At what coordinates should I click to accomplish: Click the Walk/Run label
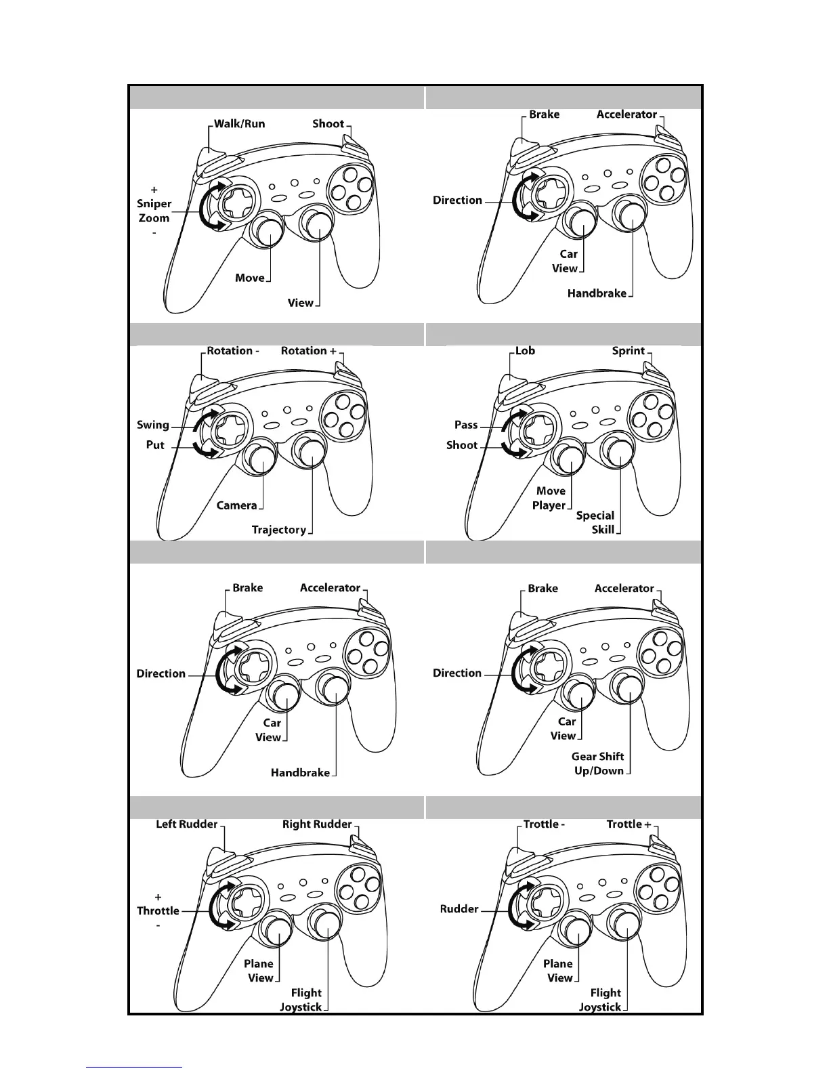(239, 124)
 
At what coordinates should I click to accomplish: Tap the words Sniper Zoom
(154, 211)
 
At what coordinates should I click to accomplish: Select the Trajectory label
(278, 530)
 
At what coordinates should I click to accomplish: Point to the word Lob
(525, 351)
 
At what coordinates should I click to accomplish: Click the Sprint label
(628, 351)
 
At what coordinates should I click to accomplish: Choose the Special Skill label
(595, 522)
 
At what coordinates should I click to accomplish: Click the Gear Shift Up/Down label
(598, 763)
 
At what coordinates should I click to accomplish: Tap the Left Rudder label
(186, 824)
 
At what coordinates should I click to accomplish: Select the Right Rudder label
(317, 824)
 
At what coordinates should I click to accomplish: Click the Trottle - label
(544, 824)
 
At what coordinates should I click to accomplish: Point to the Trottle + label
(629, 824)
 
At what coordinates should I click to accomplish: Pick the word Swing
(153, 425)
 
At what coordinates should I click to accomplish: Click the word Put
(155, 445)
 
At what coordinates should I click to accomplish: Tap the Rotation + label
(308, 351)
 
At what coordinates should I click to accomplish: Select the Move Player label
(550, 498)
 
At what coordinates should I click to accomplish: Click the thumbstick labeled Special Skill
(619, 450)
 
